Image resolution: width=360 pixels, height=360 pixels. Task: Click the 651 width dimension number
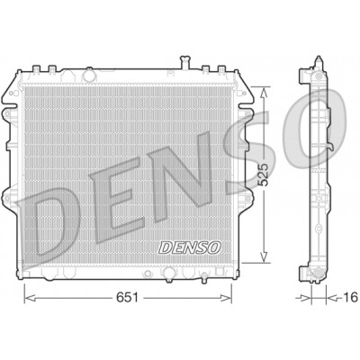[x=127, y=297]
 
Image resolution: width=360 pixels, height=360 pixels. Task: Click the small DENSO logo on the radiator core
[x=190, y=247]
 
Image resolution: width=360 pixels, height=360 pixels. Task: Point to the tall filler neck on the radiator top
[x=185, y=62]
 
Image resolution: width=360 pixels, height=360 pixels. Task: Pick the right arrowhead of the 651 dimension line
[x=226, y=298]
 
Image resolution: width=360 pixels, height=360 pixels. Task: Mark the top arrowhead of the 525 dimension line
[x=264, y=94]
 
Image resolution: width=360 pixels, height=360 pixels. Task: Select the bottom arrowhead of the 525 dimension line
[x=264, y=257]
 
